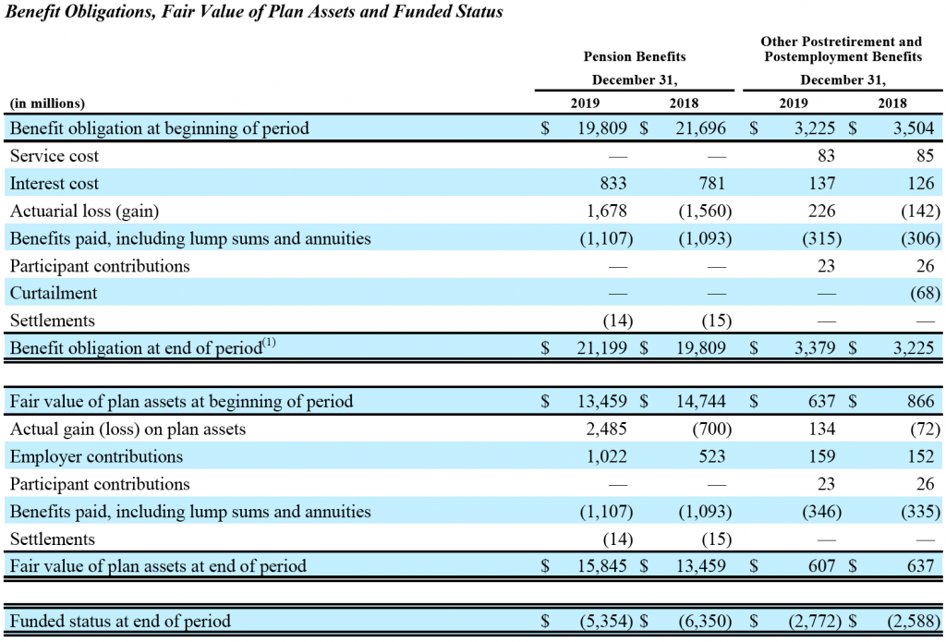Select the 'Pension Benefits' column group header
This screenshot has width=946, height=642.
635,57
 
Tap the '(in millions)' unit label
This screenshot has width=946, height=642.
47,103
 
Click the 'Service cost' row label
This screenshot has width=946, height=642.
54,156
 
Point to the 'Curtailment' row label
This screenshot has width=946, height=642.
53,293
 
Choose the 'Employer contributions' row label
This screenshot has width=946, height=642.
96,456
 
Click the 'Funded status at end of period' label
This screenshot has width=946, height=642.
120,621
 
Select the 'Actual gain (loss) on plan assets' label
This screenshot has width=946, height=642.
127,429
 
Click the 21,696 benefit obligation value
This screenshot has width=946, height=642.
703,128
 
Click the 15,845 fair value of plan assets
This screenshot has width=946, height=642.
603,566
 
